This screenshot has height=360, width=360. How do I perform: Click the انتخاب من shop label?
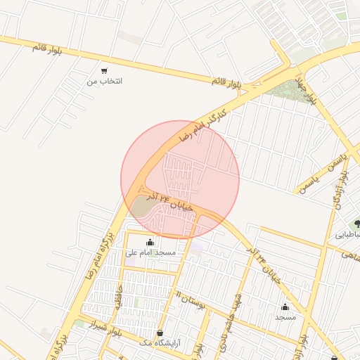coord(104,82)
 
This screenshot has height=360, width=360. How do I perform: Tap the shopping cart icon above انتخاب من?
coord(104,70)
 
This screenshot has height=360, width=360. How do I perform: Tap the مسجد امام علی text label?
coord(150,252)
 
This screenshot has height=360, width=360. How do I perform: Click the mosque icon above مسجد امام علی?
coord(150,242)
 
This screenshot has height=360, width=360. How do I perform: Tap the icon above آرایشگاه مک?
coord(160,333)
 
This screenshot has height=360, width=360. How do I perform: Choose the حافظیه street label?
coord(120,295)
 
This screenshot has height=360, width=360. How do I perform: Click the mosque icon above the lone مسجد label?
coord(285,307)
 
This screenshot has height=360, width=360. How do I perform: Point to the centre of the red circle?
coord(180,179)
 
